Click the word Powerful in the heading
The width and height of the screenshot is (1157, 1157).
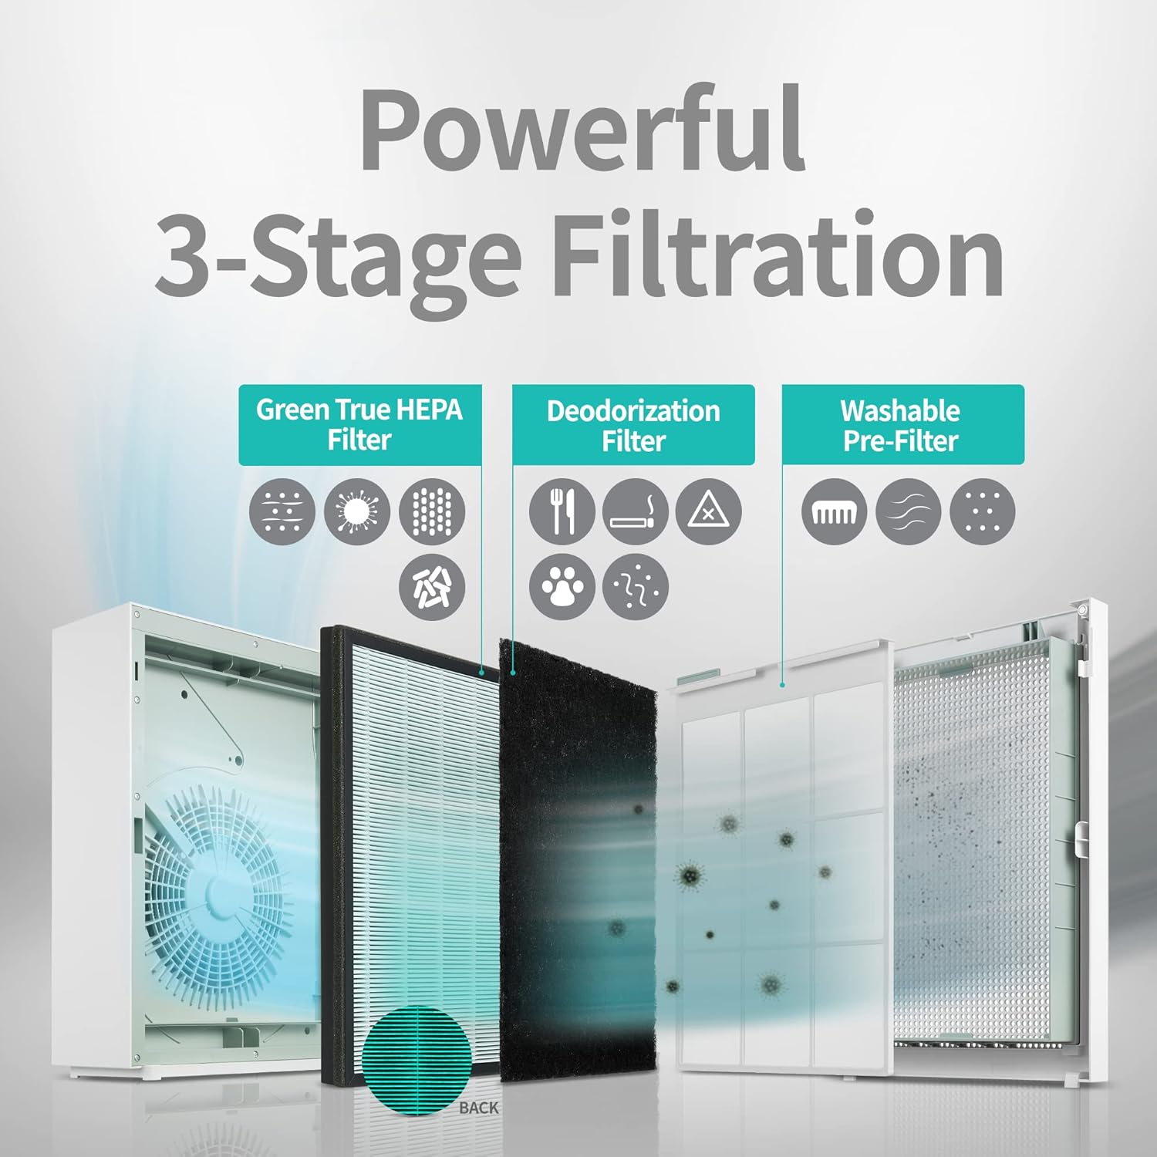583,131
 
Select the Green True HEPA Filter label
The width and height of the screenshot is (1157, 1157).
360,425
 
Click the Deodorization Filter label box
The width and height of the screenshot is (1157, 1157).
633,425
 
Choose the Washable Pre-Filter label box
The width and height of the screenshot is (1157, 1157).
903,425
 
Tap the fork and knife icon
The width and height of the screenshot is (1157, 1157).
562,511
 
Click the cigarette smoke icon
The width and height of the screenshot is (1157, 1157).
635,511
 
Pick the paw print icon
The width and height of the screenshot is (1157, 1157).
562,586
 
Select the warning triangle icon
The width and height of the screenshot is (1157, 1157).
709,511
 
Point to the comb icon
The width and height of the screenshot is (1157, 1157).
834,511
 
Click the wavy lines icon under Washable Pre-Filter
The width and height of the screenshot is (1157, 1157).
909,511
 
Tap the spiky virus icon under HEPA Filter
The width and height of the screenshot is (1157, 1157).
357,511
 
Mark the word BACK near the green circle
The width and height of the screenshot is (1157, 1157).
479,1108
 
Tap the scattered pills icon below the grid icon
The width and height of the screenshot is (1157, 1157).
432,586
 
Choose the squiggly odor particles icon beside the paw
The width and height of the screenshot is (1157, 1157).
635,586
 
